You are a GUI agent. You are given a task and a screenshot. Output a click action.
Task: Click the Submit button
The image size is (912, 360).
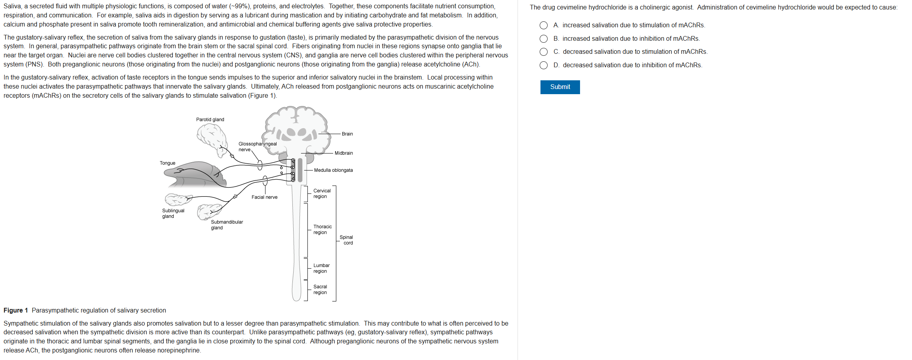560,87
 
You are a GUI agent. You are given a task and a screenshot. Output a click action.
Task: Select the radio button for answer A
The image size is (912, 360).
544,25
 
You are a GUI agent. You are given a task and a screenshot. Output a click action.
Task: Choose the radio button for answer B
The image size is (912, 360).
544,39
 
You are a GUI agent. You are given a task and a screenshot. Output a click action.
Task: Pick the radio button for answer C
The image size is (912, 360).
544,52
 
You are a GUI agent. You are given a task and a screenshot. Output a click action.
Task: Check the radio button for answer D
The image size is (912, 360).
544,65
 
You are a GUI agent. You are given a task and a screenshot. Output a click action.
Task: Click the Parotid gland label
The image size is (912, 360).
210,119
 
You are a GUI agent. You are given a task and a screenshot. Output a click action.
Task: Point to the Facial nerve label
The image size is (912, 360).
264,197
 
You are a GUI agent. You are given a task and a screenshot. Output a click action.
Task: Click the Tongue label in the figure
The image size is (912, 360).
167,163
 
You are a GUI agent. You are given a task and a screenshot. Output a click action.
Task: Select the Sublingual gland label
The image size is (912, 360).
173,213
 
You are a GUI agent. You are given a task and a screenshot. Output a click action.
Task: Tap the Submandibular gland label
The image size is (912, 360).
227,225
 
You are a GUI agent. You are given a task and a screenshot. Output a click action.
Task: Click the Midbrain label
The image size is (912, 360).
343,153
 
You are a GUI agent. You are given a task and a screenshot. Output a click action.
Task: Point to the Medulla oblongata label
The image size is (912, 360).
333,170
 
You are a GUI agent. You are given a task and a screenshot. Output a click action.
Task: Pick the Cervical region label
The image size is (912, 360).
322,193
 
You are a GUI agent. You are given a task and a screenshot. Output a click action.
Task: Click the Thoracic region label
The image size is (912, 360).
322,229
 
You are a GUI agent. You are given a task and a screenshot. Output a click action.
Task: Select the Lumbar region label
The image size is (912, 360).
321,268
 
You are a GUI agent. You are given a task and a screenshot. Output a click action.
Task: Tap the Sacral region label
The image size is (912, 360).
320,290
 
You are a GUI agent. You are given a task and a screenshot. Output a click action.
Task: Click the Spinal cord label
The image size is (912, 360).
346,240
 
